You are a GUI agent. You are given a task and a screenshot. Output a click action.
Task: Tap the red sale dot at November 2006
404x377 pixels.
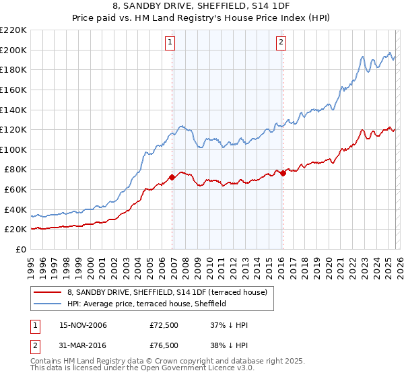172,177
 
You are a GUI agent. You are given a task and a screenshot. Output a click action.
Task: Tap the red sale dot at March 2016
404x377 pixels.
283,173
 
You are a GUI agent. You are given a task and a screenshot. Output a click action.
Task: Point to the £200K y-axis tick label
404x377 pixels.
13,50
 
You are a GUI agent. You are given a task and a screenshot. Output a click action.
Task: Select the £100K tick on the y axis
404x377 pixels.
13,149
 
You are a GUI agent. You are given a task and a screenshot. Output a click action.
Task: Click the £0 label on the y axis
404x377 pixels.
20,249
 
